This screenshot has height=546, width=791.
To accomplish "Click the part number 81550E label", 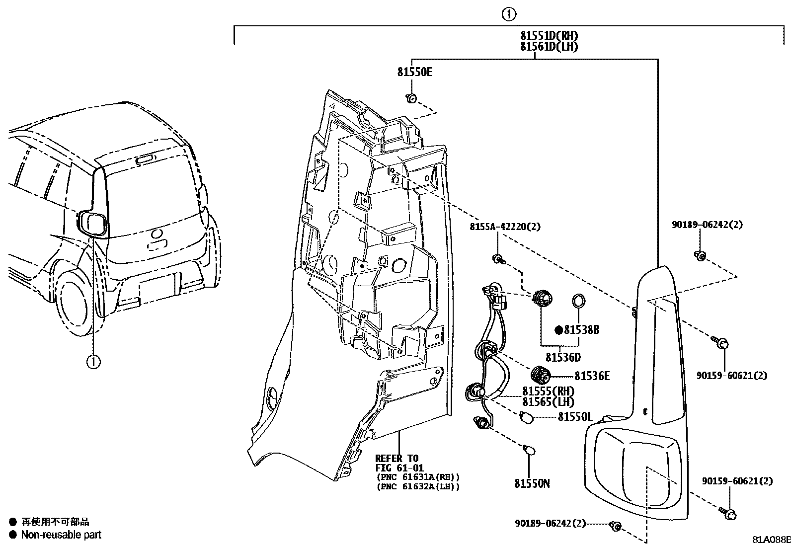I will click(x=414, y=72).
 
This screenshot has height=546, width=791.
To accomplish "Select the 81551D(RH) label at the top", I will click(x=549, y=36).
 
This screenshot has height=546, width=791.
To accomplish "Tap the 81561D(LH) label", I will click(x=549, y=46).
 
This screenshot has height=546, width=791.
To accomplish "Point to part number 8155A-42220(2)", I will click(x=505, y=227).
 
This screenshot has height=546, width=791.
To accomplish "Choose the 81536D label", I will click(x=562, y=358).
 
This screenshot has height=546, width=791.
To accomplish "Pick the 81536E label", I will click(x=592, y=376).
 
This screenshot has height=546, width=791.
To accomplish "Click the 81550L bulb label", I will click(x=575, y=417).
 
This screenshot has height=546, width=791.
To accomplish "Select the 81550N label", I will click(x=532, y=483).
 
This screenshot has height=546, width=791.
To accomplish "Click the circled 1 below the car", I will click(x=93, y=362).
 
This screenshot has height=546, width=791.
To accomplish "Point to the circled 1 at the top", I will click(x=509, y=14).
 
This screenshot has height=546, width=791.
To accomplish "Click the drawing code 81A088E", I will click(x=771, y=540).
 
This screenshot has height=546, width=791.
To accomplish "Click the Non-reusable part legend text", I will click(x=61, y=535).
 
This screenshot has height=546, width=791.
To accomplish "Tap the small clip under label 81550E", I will click(x=411, y=98).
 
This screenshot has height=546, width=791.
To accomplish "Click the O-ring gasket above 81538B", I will click(x=579, y=301).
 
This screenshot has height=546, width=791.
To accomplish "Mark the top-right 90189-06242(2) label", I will click(x=707, y=225).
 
